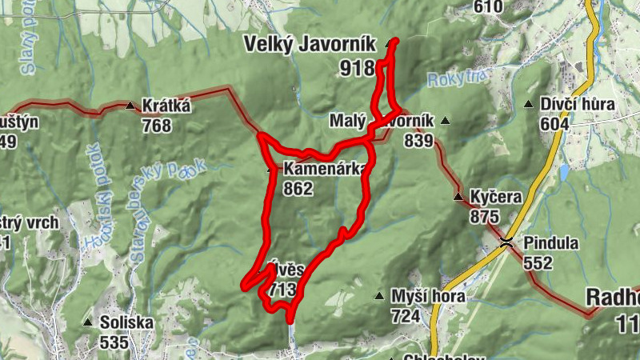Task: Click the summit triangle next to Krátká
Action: (130, 105)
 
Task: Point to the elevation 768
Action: (157, 126)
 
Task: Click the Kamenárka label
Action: (323, 169)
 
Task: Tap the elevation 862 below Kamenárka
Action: (298, 189)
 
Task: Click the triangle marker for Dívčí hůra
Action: (528, 104)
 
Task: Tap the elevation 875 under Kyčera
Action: (485, 217)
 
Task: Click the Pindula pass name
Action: (551, 242)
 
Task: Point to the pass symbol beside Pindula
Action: (506, 242)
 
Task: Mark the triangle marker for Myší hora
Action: (379, 296)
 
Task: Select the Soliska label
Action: (126, 322)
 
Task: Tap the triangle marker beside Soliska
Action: (87, 322)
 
